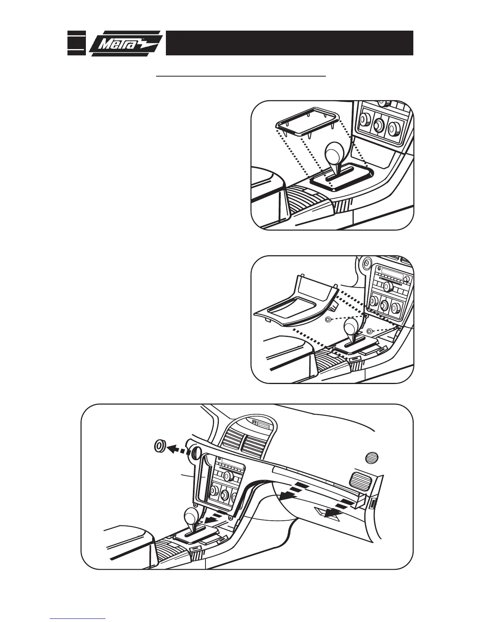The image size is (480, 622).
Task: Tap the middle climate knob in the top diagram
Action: tap(378, 125)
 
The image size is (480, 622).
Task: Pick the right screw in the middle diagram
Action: tap(369, 331)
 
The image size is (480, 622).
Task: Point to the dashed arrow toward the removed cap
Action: tap(177, 449)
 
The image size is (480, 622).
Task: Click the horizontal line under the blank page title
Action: tap(241, 77)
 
